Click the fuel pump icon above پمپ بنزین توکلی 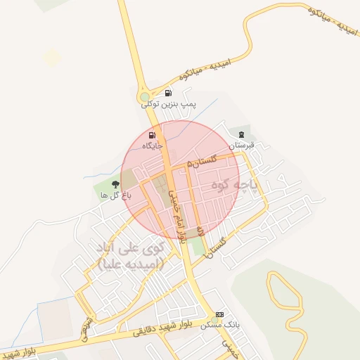click(x=168, y=93)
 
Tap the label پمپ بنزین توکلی click(x=169, y=104)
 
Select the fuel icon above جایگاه click(x=153, y=135)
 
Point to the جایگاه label click(x=153, y=146)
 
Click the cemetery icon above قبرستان click(x=242, y=134)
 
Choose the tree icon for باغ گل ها click(x=115, y=184)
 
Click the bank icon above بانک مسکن click(x=220, y=314)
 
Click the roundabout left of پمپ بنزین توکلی click(x=145, y=98)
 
